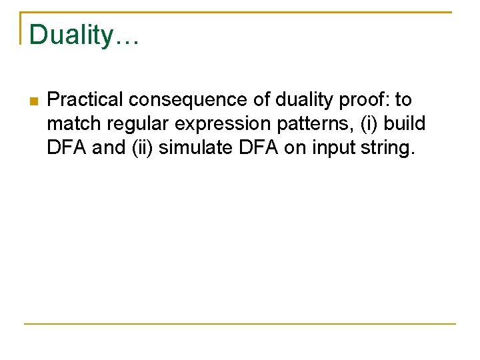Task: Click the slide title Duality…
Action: click(83, 35)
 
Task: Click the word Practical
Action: click(85, 100)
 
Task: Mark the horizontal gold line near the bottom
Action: click(240, 324)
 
